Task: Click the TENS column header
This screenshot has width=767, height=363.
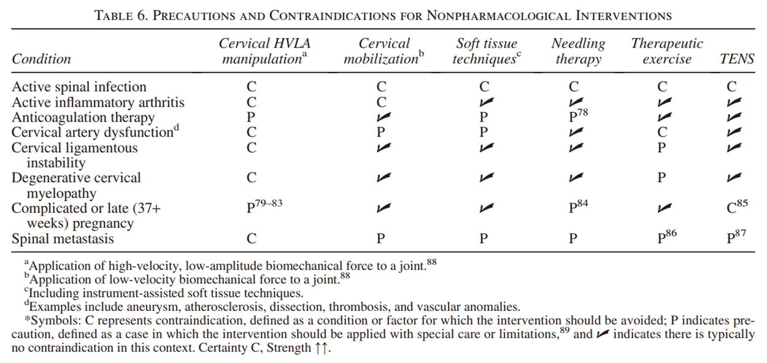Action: (x=737, y=59)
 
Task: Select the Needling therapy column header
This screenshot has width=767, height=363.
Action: (x=578, y=52)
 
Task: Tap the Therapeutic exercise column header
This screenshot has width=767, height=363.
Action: (x=667, y=52)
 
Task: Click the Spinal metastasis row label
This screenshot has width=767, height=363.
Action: (x=63, y=239)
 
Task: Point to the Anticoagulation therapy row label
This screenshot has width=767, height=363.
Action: (x=83, y=117)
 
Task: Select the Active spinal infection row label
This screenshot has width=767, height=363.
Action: (x=79, y=87)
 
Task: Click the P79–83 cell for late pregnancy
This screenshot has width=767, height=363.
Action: (x=264, y=207)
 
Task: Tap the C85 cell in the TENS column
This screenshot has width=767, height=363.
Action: (x=738, y=207)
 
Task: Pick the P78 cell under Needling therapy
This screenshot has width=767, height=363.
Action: (x=578, y=117)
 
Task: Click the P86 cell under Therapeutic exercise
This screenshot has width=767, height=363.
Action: (x=667, y=238)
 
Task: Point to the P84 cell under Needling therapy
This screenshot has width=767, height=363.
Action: (x=578, y=207)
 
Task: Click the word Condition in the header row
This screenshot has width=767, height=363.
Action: (x=42, y=59)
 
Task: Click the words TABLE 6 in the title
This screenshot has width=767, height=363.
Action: (x=120, y=15)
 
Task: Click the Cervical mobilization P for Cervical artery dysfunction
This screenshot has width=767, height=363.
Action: (x=380, y=132)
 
